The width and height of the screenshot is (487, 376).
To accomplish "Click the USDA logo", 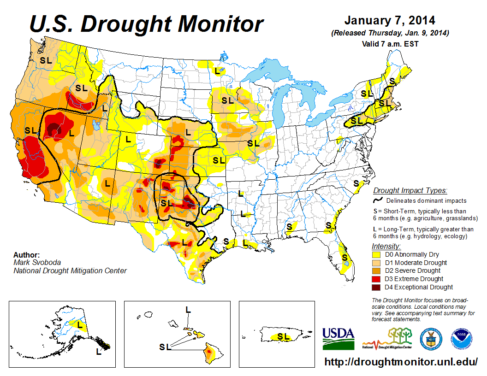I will coord(338,339).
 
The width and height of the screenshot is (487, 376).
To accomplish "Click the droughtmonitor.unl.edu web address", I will coord(401,362).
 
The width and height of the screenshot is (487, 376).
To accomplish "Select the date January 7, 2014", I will coord(390,21).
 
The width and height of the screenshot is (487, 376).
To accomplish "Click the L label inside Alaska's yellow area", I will coord(80,325).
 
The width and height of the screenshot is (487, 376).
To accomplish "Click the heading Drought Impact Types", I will coord(410,190).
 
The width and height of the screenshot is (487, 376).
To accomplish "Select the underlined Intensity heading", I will coord(386,246).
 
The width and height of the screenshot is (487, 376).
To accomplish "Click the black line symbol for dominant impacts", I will coord(378,200).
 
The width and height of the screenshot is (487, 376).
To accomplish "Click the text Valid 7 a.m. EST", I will coord(390,44).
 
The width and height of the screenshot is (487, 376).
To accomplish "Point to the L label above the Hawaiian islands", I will coord(188,310).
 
